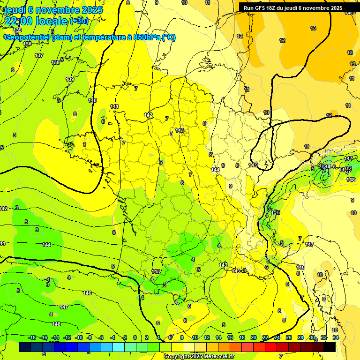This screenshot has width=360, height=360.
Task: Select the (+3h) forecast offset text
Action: pyautogui.click(x=78, y=21)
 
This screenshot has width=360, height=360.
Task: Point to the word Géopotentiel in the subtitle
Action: pyautogui.click(x=27, y=37)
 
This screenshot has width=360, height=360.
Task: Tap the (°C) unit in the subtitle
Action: pyautogui.click(x=169, y=37)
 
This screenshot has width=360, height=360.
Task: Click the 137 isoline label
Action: pyautogui.click(x=39, y=55)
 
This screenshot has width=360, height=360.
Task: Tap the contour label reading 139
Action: pyautogui.click(x=70, y=79)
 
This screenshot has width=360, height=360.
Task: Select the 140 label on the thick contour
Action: pyautogui.click(x=92, y=100)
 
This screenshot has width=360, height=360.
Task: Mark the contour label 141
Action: pyautogui.click(x=114, y=107)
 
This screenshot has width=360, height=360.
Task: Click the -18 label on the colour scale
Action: pyautogui.click(x=32, y=337)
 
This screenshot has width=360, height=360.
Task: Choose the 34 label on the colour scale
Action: pyautogui.click(x=336, y=337)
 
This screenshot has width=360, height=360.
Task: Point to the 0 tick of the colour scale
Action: pyautogui.click(x=135, y=337)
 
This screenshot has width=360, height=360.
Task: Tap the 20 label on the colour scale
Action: pyautogui.click(x=254, y=337)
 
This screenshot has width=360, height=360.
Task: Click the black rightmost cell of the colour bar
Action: pyautogui.click(x=330, y=347)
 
